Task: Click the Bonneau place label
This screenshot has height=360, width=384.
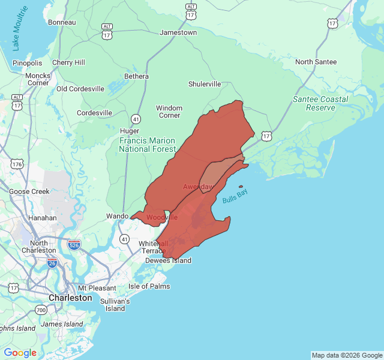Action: [x=62, y=22]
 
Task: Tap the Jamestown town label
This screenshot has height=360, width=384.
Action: [x=178, y=32]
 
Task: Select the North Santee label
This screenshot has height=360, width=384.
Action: [x=316, y=62]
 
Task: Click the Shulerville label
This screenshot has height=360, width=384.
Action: [x=205, y=84]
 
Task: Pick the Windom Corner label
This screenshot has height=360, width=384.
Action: [x=169, y=112]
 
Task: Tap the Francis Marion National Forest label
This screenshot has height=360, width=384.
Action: [x=148, y=145]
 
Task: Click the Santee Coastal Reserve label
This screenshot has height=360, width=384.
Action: [x=320, y=103]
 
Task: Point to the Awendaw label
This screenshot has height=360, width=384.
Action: [x=198, y=187]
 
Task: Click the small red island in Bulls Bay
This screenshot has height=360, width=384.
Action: [x=241, y=186]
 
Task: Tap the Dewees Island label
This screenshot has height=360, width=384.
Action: [x=168, y=260]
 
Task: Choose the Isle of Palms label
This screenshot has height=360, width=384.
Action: [x=149, y=286]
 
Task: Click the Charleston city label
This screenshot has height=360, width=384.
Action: [x=70, y=298]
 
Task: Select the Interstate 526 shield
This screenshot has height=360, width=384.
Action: [x=74, y=245]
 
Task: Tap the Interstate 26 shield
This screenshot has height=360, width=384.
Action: [x=52, y=263]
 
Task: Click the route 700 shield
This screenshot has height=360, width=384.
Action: [x=41, y=310]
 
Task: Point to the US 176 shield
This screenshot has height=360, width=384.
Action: [x=16, y=163]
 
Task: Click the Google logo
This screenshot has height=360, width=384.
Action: [x=20, y=353]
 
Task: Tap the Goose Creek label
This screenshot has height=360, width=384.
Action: [x=29, y=191]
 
